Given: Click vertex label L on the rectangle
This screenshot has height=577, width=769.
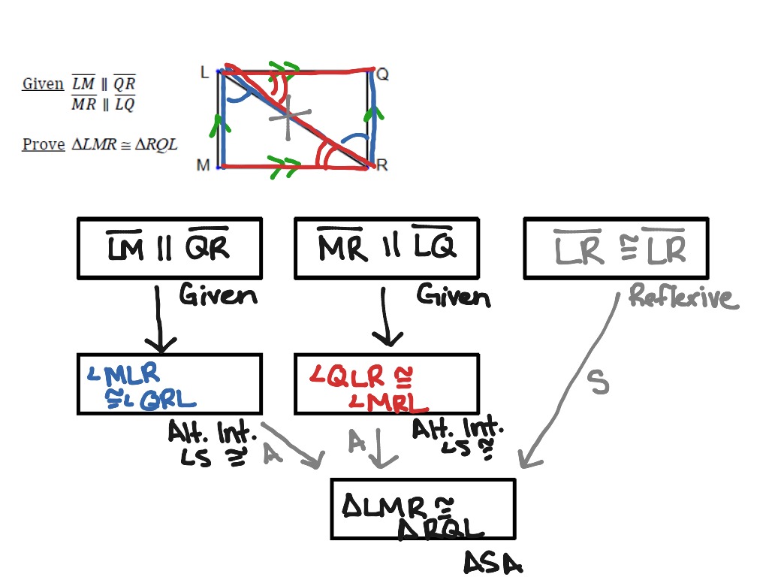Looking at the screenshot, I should click(204, 72).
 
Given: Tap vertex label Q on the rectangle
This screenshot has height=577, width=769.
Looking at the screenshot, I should click(382, 74).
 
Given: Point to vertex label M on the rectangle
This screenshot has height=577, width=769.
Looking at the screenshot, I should click(203, 165).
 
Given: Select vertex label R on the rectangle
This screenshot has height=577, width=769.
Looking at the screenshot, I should click(381, 165).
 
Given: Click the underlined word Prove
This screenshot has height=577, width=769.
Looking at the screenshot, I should click(44, 144).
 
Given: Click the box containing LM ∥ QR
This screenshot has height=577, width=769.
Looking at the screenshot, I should click(169, 248).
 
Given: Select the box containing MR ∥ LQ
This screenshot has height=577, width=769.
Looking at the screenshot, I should click(386, 248).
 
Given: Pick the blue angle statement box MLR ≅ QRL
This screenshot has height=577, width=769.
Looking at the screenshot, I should click(169, 384).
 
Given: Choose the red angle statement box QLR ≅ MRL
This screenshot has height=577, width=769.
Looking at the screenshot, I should click(386, 384).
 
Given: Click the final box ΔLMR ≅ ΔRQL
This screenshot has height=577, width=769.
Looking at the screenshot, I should click(423, 509).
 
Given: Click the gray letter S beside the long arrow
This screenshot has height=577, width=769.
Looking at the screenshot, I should click(598, 383).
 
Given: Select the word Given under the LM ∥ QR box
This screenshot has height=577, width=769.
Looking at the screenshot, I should click(218, 295).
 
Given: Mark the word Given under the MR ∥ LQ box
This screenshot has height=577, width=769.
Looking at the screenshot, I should click(454, 296).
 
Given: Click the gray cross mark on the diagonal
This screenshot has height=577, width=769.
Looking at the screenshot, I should click(288, 117).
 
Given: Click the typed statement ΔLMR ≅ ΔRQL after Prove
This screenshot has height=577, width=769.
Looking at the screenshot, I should click(125, 144).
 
